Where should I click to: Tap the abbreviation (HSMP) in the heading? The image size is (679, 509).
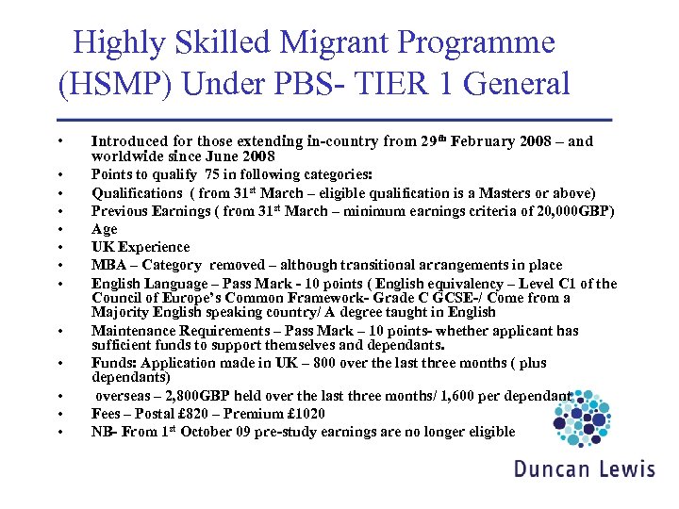coord(115,84)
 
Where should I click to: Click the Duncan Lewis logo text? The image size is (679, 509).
coord(584,468)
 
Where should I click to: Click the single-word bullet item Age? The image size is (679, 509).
coord(105,229)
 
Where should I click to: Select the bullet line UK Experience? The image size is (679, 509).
coord(141,247)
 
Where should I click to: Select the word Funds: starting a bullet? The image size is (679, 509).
coord(113,363)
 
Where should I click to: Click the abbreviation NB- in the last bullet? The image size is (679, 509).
coord(105,432)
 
